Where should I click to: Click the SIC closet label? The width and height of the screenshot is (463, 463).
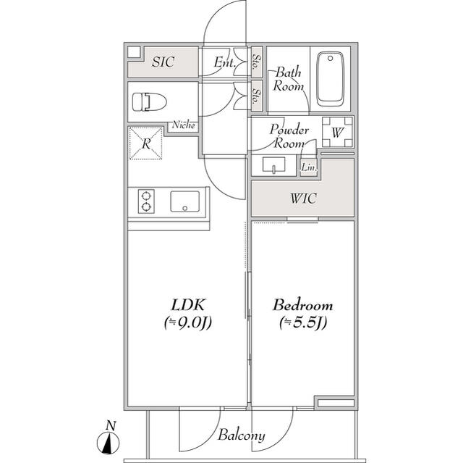[x=163, y=62]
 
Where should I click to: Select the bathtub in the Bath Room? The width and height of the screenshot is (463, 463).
[x=330, y=78]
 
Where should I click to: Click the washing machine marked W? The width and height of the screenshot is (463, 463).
[x=336, y=132]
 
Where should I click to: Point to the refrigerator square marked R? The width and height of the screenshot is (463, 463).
[x=145, y=143]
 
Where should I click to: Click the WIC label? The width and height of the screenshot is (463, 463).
[x=302, y=199]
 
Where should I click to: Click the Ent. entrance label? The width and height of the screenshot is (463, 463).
[x=225, y=63]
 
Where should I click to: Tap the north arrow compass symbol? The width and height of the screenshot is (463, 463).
[x=109, y=439]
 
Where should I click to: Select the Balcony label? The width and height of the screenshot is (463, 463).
[x=242, y=436]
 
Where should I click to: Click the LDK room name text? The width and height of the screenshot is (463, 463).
[x=186, y=304]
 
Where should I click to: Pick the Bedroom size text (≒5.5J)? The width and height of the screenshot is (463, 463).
[x=302, y=323]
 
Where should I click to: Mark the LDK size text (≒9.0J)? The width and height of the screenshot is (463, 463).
[x=186, y=323]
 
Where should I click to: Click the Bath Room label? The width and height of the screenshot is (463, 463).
[x=287, y=79]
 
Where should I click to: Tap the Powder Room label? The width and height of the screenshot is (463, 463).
[x=289, y=136]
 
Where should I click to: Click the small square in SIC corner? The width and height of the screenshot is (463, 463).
[x=135, y=52]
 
